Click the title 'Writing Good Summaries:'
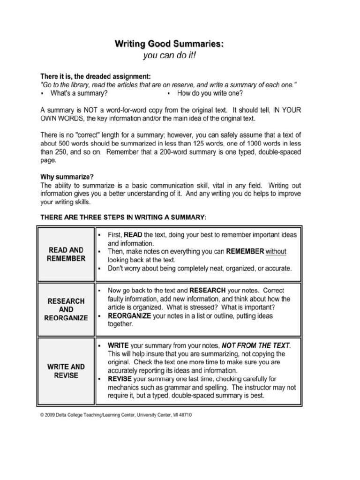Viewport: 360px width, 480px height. [169, 45]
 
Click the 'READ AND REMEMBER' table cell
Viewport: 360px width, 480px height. [66, 254]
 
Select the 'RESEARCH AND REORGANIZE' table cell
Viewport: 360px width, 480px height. [66, 309]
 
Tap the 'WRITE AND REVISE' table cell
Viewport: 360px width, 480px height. [66, 371]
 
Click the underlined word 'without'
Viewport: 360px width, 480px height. [276, 252]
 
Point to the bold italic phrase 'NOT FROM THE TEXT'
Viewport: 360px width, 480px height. [259, 345]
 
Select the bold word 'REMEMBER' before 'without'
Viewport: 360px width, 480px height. [245, 252]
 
